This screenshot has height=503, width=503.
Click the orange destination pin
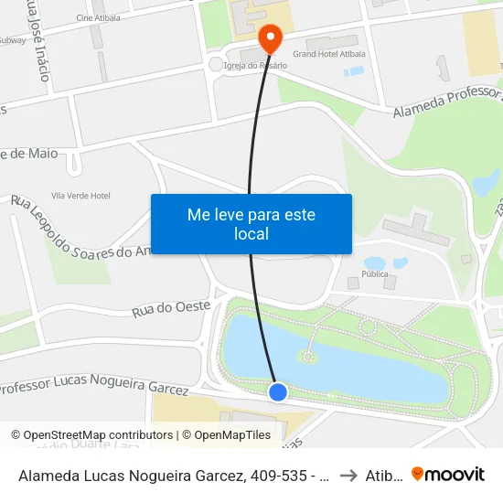tap(271, 37)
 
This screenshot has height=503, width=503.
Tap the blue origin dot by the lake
tap(278, 392)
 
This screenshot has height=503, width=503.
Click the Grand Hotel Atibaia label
tap(328, 54)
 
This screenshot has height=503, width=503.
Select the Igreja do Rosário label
tap(256, 66)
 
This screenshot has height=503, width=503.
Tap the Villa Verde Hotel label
tap(80, 196)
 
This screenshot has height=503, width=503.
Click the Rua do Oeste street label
tap(172, 308)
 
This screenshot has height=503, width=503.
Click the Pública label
tap(375, 273)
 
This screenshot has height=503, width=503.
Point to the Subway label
tap(13, 40)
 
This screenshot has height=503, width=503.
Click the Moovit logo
tap(448, 475)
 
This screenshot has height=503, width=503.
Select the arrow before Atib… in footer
tap(348, 475)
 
